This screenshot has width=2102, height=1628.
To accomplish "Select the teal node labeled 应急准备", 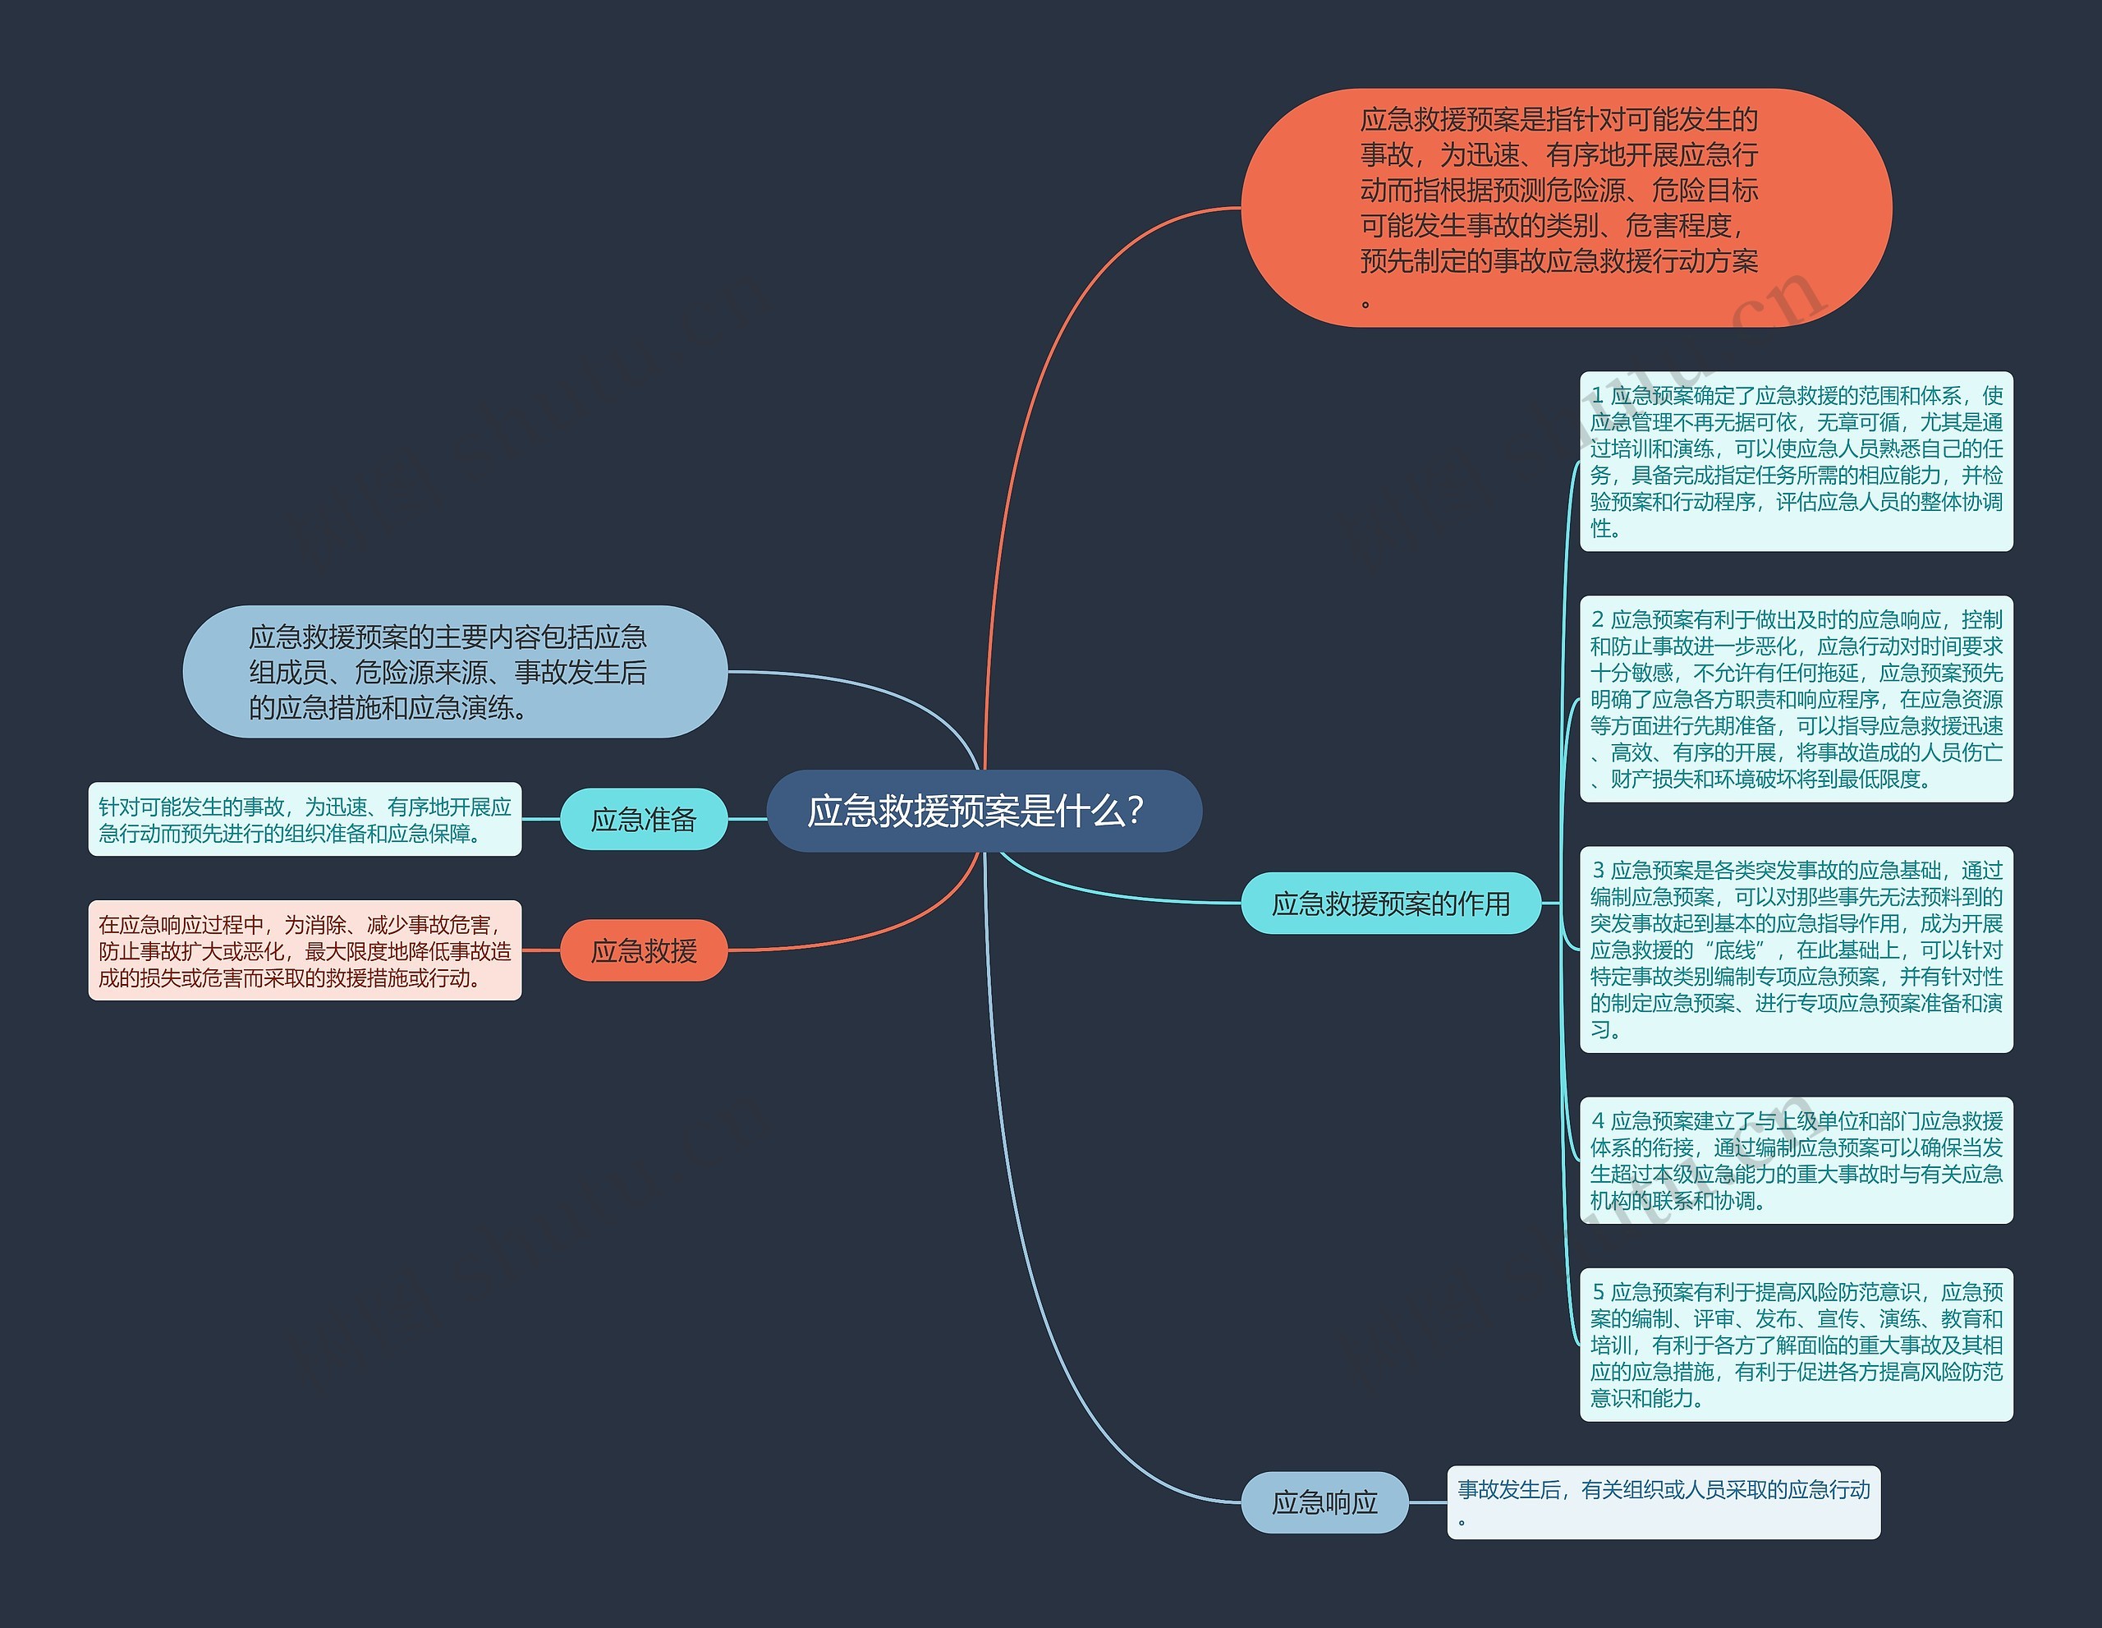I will [643, 819].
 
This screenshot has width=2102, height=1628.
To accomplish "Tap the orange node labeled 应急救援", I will [643, 951].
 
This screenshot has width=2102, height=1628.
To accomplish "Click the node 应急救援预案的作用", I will [1390, 903].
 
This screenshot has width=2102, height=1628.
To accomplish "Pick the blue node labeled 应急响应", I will [1324, 1502].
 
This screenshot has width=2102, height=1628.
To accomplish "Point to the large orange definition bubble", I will [1566, 207].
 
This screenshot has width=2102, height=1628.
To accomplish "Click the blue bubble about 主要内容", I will [454, 671].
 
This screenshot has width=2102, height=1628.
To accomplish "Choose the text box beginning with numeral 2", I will [1796, 699].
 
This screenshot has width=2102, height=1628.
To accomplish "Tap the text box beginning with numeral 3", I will [1796, 950].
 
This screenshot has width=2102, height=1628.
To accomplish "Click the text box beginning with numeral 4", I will [1796, 1160].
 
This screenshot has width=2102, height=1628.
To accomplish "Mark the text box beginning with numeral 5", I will [1796, 1344].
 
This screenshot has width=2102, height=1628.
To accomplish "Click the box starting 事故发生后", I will [1663, 1502].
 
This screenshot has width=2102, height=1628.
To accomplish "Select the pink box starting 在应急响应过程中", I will [304, 950].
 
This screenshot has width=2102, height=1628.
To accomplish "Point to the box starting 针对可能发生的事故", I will [304, 819].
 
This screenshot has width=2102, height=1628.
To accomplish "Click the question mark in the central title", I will [1135, 812].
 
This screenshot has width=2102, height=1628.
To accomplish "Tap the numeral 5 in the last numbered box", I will [1598, 1292].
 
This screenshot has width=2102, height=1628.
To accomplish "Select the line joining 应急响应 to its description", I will [1427, 1502].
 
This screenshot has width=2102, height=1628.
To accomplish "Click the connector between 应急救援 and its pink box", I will [541, 950].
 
